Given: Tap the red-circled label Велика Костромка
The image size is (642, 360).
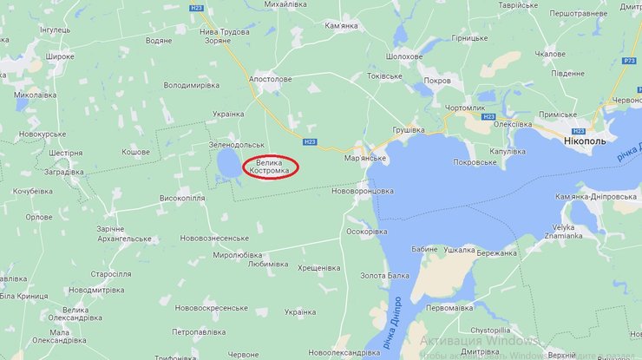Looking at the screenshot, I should (270, 166).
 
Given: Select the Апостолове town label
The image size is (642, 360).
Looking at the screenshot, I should (270, 79).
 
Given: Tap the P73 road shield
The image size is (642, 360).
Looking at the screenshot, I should (629, 60).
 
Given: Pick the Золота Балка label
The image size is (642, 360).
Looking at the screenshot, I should (385, 276).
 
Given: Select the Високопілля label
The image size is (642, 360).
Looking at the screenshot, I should (182, 198).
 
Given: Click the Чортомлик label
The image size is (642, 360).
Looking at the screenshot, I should (465, 107).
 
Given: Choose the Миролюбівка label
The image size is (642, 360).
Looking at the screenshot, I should (238, 255).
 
